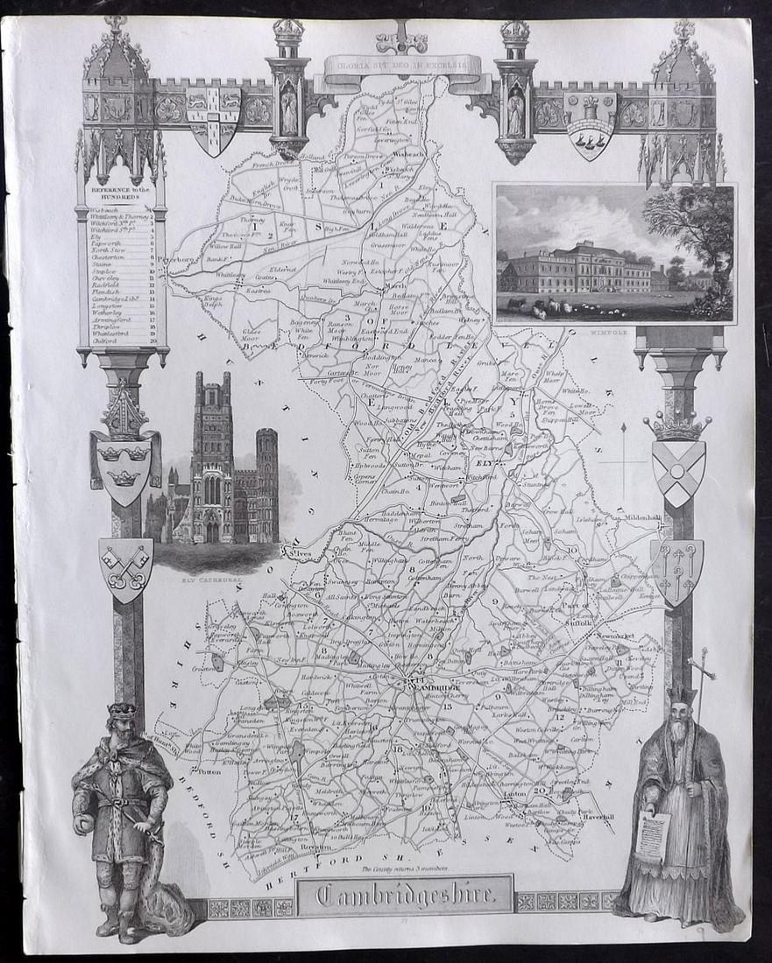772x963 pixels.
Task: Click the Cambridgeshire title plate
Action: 404,895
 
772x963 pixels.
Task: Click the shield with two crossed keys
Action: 125,567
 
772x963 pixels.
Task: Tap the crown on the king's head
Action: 122,710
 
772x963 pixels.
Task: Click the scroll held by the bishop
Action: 652,836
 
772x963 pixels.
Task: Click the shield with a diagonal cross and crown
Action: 678,472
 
